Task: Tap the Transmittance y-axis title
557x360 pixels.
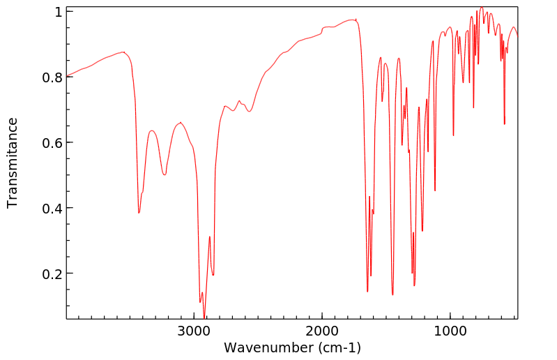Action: (x=13, y=163)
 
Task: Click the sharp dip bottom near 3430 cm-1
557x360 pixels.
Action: (x=139, y=213)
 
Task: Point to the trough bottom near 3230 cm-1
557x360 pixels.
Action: (x=165, y=174)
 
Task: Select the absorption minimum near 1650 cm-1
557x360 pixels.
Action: (x=367, y=292)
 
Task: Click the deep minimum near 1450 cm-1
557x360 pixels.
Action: (x=392, y=295)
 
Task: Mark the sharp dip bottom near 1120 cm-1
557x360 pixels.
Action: (x=435, y=190)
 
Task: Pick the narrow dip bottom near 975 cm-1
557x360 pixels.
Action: (x=453, y=135)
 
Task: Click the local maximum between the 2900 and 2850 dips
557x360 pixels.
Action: (x=209, y=237)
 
